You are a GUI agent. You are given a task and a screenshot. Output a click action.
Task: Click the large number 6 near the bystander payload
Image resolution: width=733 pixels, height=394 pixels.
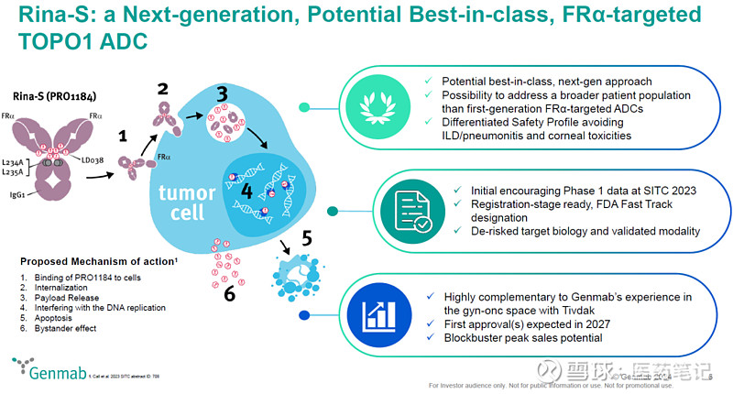click(x=228, y=295)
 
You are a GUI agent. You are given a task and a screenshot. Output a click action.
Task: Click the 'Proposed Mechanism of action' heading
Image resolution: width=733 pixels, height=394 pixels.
click(x=77, y=260)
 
